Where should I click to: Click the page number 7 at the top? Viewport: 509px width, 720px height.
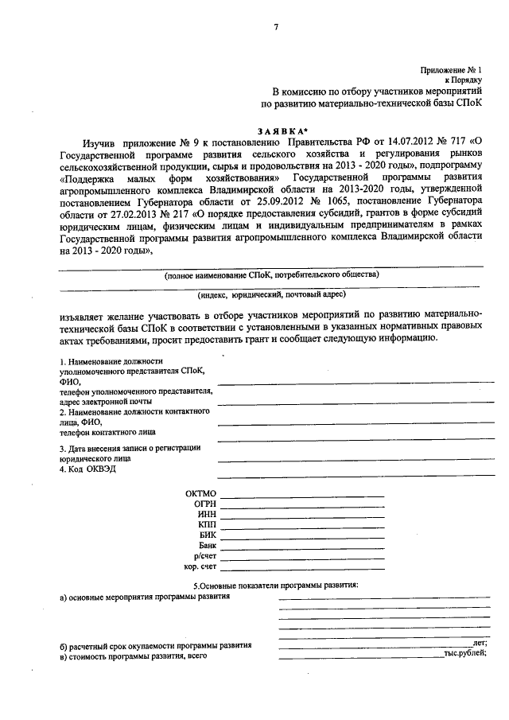tap(276, 27)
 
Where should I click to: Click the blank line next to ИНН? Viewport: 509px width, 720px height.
tap(302, 517)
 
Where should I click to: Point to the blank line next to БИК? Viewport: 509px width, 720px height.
tap(302, 538)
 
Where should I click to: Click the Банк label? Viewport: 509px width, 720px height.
tap(206, 547)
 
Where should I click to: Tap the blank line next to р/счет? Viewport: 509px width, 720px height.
tap(302, 559)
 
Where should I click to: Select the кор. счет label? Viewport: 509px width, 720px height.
tap(200, 568)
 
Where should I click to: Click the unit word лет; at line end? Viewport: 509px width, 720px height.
tap(479, 643)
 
